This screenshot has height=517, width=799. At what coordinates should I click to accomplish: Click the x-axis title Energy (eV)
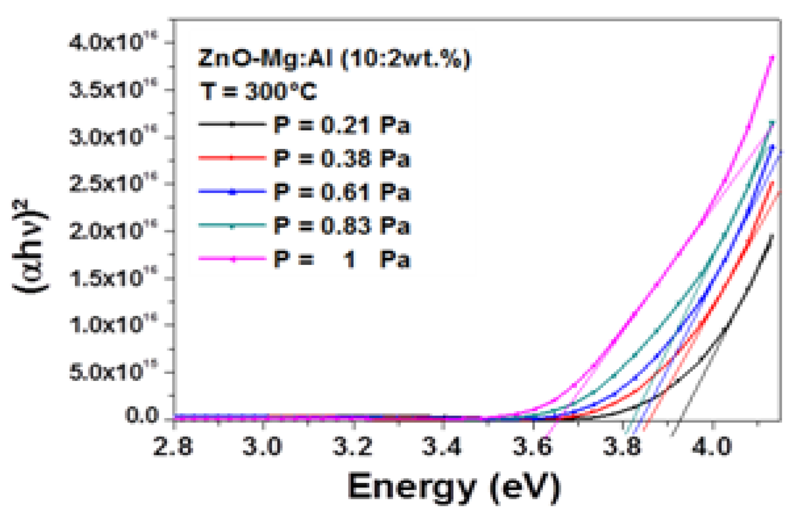(x=454, y=487)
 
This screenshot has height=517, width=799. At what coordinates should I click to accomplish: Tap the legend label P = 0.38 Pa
(x=341, y=158)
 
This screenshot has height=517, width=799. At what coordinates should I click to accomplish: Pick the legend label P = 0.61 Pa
(x=341, y=192)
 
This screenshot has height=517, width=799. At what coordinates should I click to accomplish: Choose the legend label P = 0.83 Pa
(x=341, y=226)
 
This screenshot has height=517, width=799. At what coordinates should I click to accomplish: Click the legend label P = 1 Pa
(x=341, y=260)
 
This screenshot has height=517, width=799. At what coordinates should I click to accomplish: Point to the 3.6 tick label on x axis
(x=532, y=447)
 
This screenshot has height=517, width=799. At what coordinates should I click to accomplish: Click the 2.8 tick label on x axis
(x=173, y=447)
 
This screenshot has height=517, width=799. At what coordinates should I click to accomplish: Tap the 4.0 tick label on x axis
(x=711, y=447)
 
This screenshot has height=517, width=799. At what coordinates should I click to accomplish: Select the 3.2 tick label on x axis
(x=352, y=447)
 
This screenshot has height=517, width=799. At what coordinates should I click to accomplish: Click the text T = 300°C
(x=258, y=91)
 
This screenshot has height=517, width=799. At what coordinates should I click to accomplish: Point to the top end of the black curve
(x=772, y=236)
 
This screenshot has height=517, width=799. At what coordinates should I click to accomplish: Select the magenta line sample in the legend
(x=232, y=259)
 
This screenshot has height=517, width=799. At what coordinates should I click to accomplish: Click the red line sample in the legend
(x=232, y=158)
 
